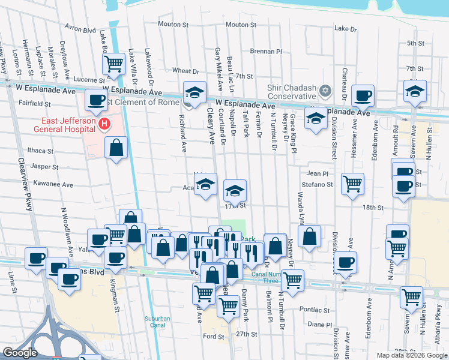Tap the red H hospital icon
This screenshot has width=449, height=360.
(x=104, y=124)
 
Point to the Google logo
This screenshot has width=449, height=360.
(x=20, y=353)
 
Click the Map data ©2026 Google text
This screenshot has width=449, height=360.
(x=411, y=355)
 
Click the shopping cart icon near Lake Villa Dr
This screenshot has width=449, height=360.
(x=113, y=63)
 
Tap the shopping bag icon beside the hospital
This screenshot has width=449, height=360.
(x=116, y=148)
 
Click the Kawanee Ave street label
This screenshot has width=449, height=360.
(x=53, y=184)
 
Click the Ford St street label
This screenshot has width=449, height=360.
(x=213, y=337)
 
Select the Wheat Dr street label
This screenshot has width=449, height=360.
(x=181, y=71)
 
